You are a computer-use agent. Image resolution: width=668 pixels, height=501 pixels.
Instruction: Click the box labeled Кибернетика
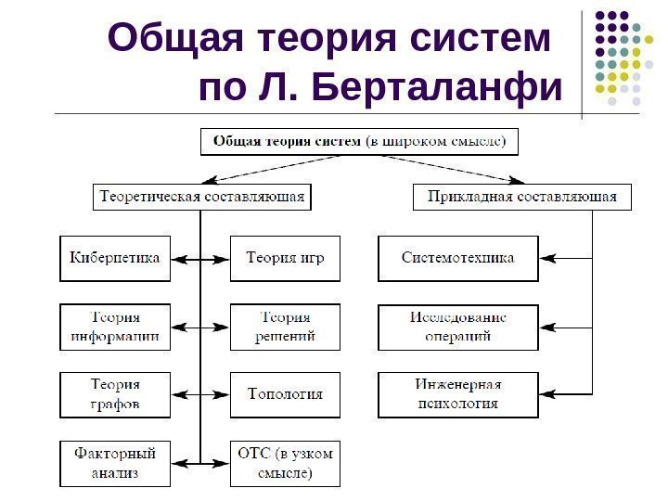point(116,258)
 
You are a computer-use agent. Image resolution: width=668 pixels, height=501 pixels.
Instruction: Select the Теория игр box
point(286,258)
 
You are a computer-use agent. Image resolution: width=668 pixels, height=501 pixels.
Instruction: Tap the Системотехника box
point(457,258)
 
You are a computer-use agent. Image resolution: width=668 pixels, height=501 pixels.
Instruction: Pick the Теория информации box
point(116,327)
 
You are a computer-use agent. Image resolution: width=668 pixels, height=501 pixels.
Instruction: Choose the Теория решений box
point(286,327)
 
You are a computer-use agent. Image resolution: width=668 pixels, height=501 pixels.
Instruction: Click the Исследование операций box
point(457,327)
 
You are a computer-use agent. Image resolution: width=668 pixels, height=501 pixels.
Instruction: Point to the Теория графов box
point(116,394)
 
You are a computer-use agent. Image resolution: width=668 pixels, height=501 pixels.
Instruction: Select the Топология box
point(286,394)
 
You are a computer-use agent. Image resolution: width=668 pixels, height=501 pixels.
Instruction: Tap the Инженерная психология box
point(457,394)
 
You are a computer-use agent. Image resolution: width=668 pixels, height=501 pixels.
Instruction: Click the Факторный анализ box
point(116,463)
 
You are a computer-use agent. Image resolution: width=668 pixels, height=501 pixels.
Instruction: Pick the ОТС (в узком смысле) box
point(286,463)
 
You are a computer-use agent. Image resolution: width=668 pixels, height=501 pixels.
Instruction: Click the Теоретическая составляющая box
point(201,198)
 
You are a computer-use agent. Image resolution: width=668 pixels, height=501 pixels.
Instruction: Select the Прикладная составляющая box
point(521,198)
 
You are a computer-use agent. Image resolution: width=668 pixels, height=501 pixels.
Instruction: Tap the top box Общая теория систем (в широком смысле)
point(360,142)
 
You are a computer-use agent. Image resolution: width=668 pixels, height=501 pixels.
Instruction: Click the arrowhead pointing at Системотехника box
point(547,258)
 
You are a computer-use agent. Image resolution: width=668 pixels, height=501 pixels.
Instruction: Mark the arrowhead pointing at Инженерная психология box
point(547,394)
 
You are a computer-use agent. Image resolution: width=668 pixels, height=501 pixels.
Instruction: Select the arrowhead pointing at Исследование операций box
point(547,327)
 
